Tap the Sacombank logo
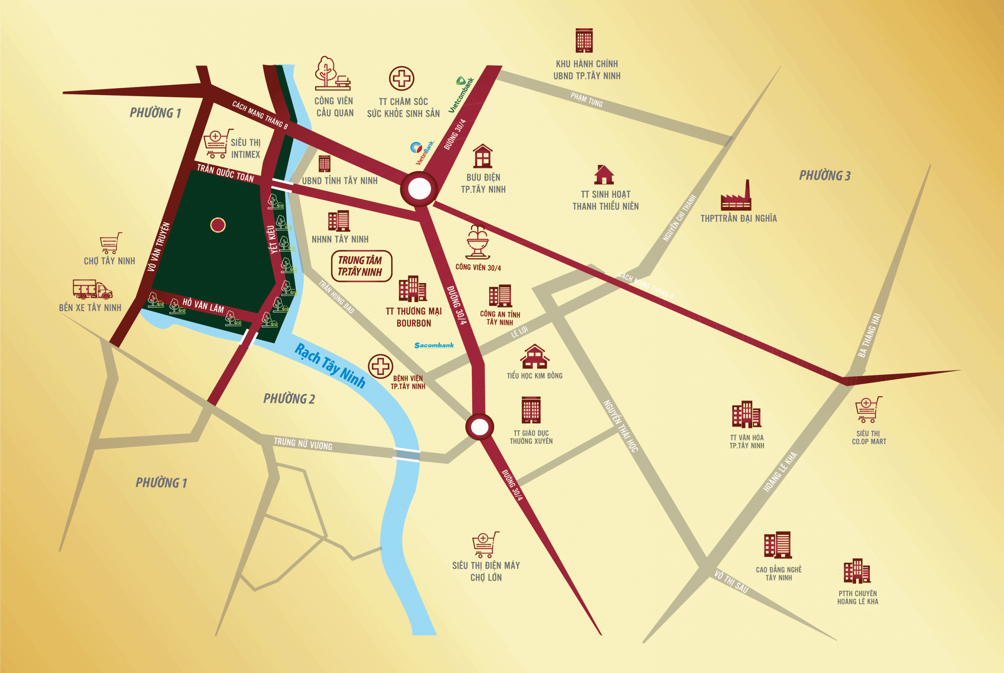click(434, 345)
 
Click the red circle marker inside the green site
click(218, 225)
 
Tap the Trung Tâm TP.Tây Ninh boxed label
click(361, 266)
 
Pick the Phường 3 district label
click(824, 176)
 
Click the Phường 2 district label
click(289, 399)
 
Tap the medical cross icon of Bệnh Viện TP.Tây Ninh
click(380, 366)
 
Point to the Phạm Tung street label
click(586, 100)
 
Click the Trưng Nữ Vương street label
click(303, 444)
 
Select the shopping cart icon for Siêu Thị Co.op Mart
click(868, 410)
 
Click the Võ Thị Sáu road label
click(731, 582)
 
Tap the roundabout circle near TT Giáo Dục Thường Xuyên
click(479, 426)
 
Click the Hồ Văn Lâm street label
click(203, 306)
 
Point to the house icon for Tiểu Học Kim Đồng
click(534, 357)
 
